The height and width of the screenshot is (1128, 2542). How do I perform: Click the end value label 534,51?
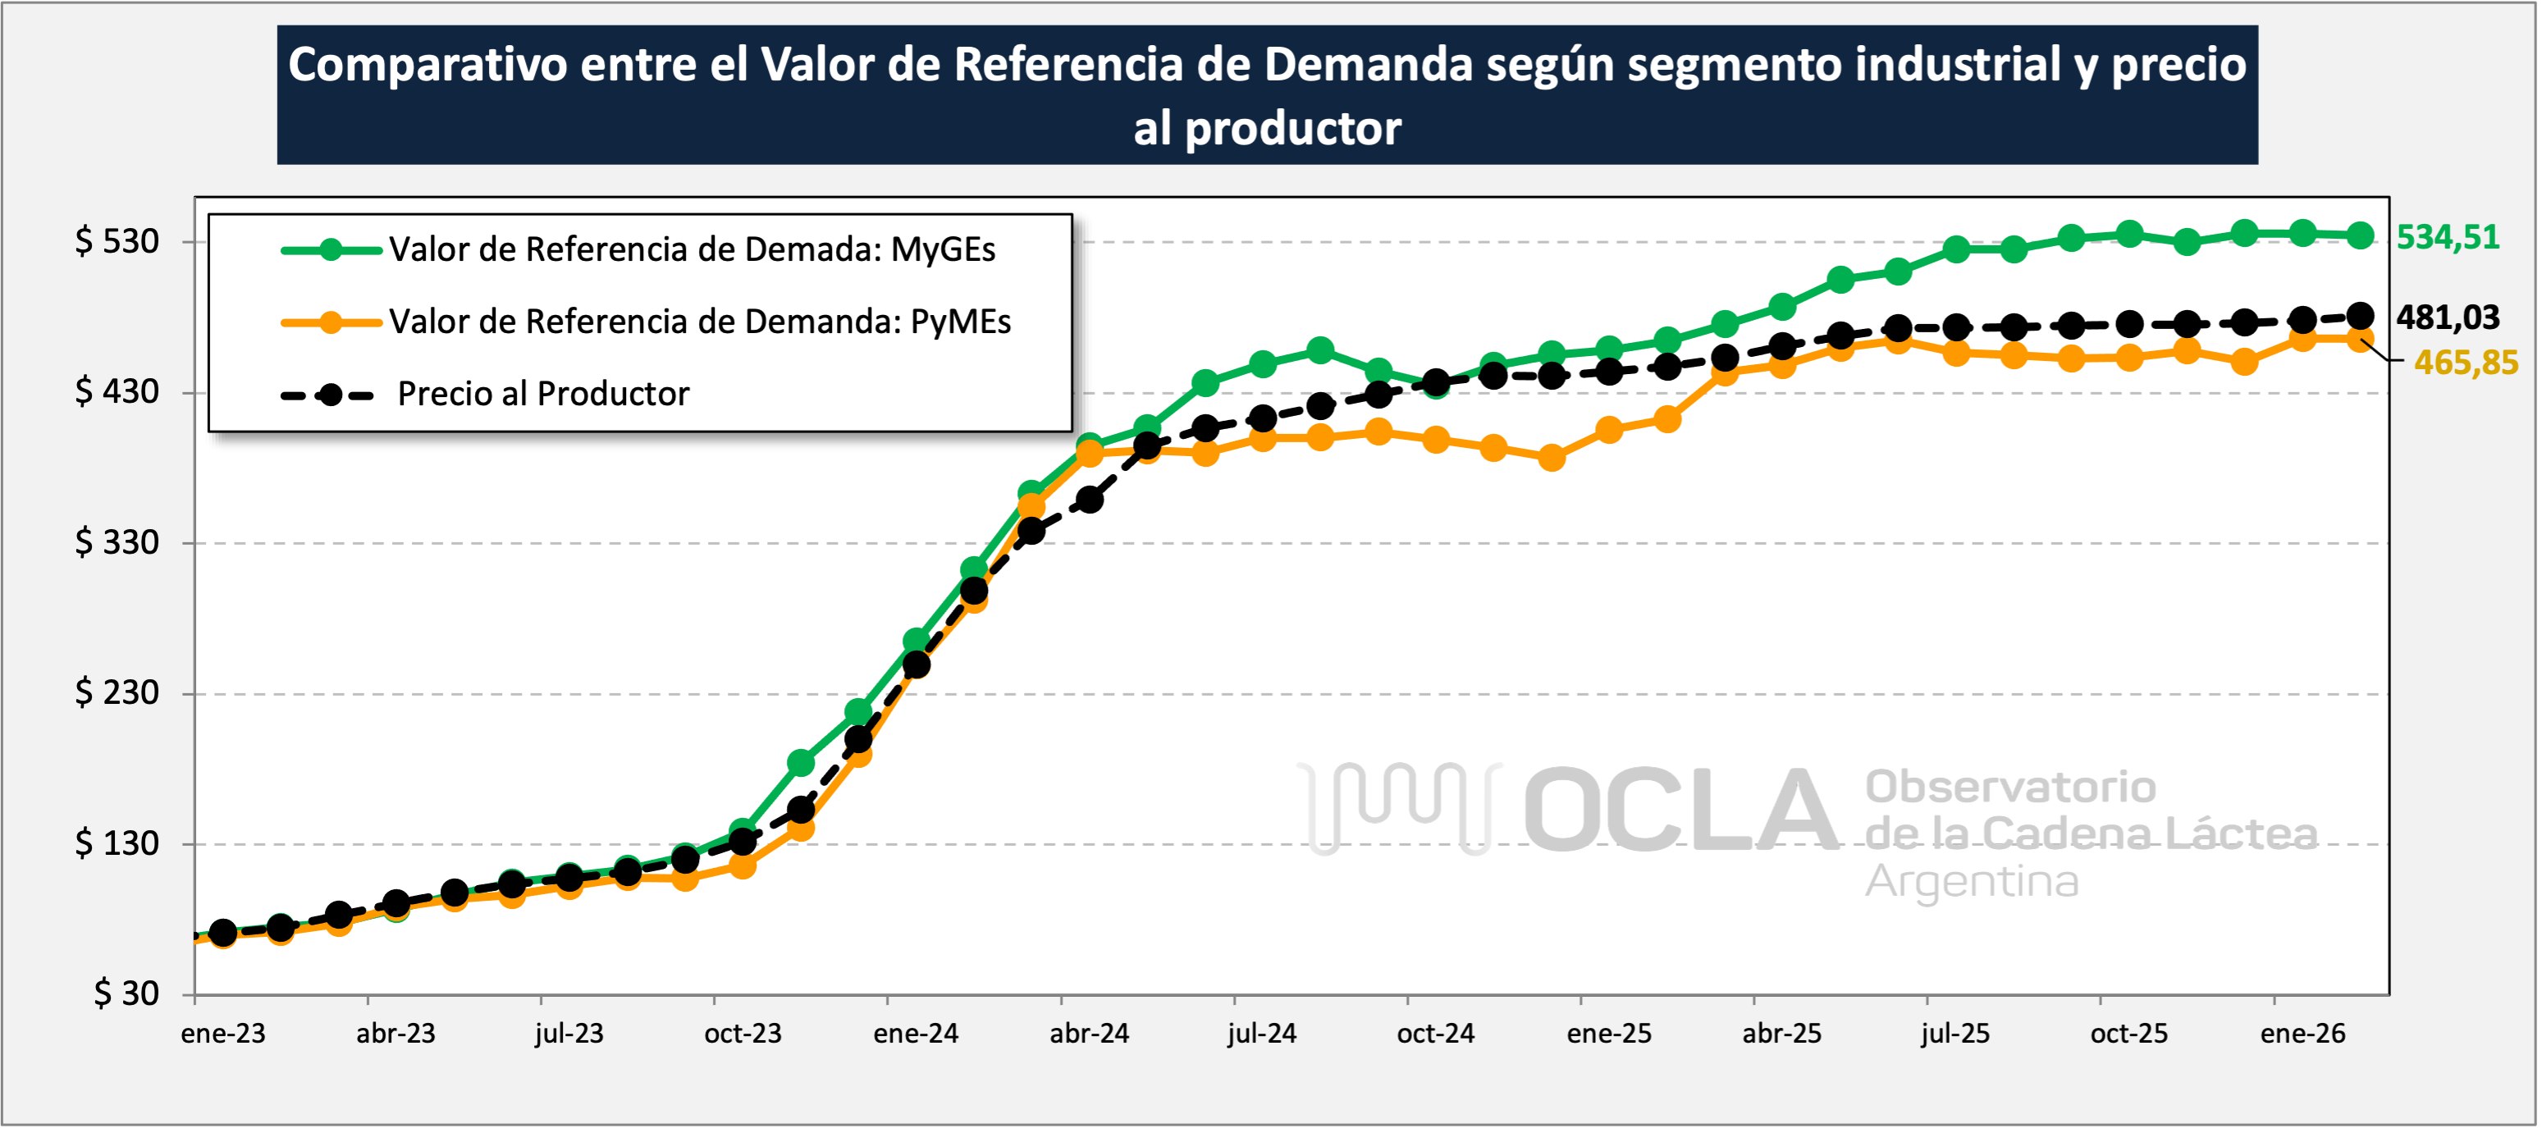(x=2448, y=237)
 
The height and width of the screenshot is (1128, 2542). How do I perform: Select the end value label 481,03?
(x=2448, y=317)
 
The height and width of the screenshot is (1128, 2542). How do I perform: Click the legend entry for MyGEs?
(x=691, y=249)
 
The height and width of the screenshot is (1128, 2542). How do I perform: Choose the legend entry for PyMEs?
(x=698, y=322)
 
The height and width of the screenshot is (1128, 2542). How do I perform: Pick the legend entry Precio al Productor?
(x=542, y=394)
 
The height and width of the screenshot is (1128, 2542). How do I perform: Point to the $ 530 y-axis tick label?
(x=117, y=241)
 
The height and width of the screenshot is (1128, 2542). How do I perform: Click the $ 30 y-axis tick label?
(x=126, y=993)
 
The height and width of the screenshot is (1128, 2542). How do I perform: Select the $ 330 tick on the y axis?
(x=117, y=541)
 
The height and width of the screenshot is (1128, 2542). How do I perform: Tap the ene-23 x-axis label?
(x=223, y=1034)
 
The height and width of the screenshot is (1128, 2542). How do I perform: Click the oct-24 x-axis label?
(x=1435, y=1034)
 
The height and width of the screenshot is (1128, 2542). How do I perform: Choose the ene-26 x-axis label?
(x=2302, y=1034)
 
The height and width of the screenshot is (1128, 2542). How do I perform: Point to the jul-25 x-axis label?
(x=1955, y=1034)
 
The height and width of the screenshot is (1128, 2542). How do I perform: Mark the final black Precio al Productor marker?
(x=2360, y=316)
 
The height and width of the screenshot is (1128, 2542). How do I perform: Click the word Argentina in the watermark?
(x=1971, y=881)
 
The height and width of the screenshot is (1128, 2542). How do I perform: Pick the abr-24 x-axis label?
(x=1089, y=1034)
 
